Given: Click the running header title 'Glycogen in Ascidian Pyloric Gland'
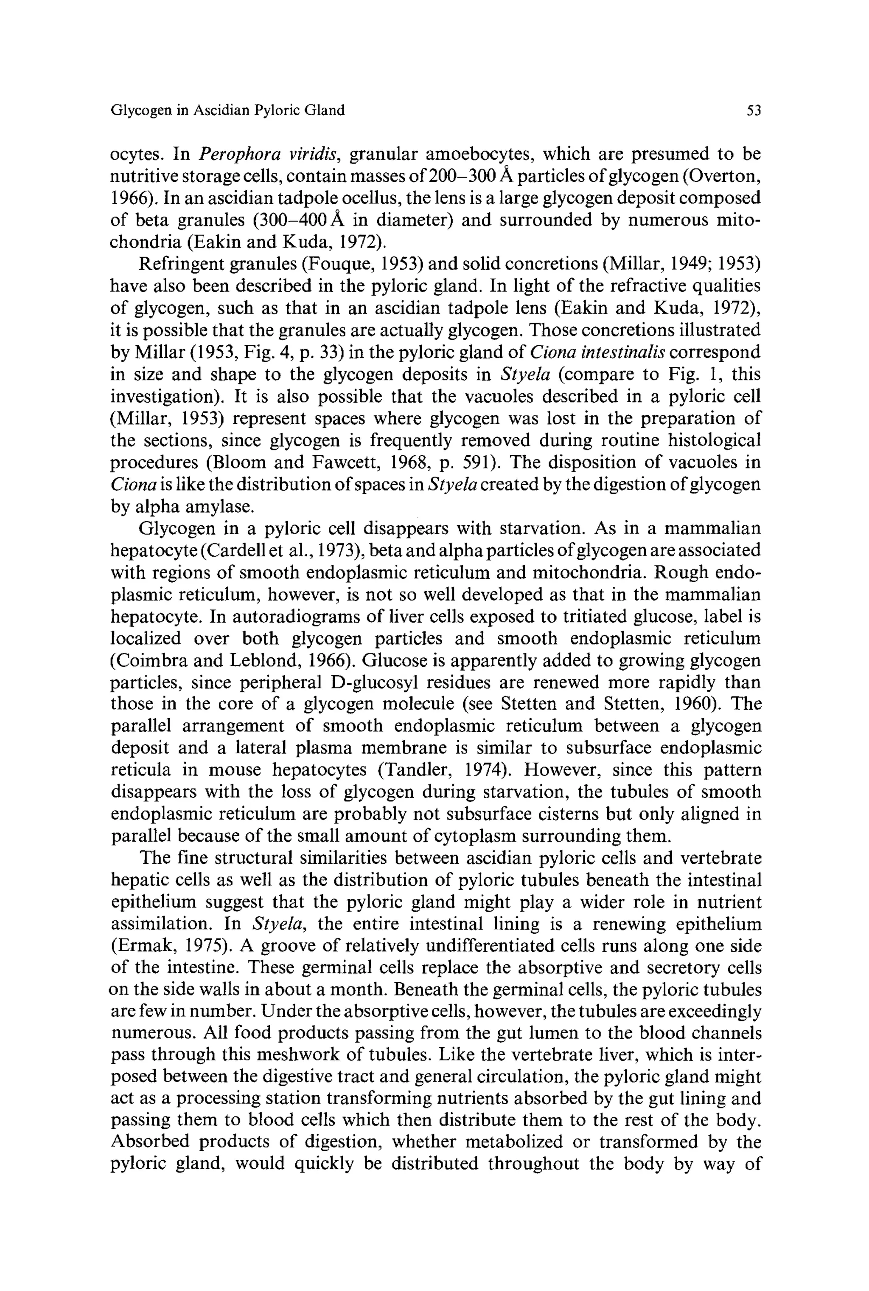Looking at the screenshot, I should click(x=228, y=110).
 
